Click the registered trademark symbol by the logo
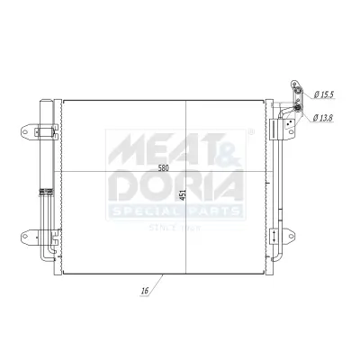click(250, 132)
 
